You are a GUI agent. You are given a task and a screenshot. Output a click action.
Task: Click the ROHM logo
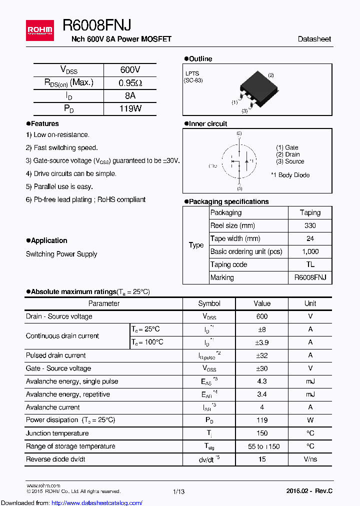[39, 29]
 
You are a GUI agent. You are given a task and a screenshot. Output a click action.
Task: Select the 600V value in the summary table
[130, 70]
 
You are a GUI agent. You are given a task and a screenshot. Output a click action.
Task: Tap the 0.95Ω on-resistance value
[130, 83]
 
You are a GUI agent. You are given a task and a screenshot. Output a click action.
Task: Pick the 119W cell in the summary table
[130, 108]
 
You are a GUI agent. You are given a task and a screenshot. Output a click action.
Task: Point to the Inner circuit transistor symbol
[239, 161]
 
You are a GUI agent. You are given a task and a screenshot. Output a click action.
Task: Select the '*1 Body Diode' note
[290, 175]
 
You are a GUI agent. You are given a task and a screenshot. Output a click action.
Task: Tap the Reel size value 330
[310, 225]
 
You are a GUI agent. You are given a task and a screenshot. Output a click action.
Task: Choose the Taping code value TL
[310, 264]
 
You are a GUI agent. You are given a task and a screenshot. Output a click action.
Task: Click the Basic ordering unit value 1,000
[310, 251]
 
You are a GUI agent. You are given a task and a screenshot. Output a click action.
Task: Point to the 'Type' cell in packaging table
[196, 245]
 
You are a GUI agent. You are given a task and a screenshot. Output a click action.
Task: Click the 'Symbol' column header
[209, 303]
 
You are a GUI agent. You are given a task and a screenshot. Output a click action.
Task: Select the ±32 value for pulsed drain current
[261, 355]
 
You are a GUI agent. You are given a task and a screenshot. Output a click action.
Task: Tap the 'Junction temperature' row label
[57, 433]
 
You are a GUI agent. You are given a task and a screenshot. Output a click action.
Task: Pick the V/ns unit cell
[310, 459]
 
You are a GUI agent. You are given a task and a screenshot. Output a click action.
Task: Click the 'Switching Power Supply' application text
[61, 254]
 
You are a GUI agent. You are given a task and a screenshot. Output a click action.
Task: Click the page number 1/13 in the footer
[178, 491]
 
